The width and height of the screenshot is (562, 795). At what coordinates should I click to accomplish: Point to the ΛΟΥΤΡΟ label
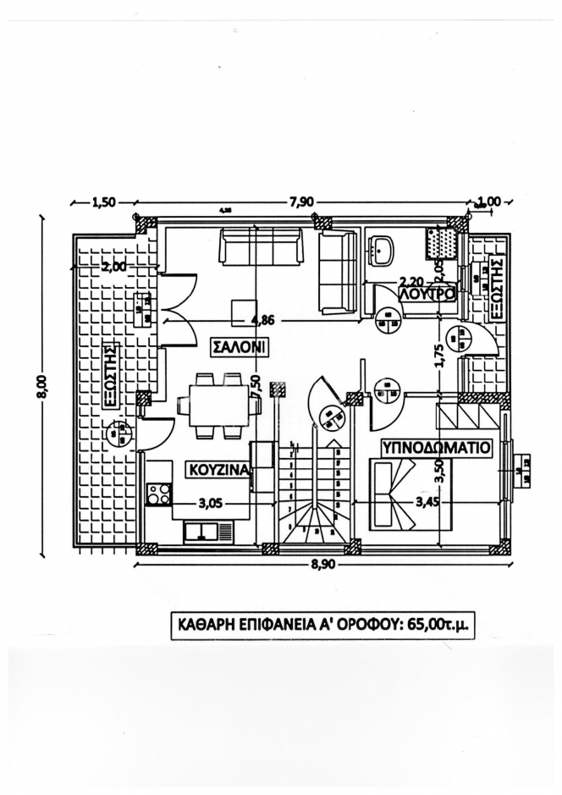(x=428, y=293)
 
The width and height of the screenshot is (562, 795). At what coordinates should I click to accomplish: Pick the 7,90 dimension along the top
(x=302, y=202)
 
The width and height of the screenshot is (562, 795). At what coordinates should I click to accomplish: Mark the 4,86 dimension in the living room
(x=264, y=320)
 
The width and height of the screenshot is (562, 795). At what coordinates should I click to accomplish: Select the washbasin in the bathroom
(x=383, y=249)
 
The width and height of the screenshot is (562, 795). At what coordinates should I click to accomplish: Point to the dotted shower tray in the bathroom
(x=442, y=244)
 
